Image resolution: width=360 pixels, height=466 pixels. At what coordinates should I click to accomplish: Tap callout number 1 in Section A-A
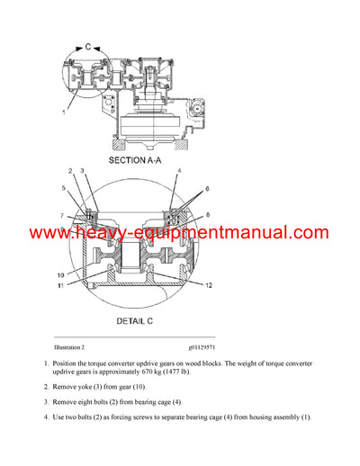[x=64, y=112]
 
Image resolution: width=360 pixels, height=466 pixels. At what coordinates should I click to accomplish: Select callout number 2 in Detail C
[x=70, y=170]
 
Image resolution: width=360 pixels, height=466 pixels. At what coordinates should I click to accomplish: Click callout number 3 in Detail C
[x=82, y=170]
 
